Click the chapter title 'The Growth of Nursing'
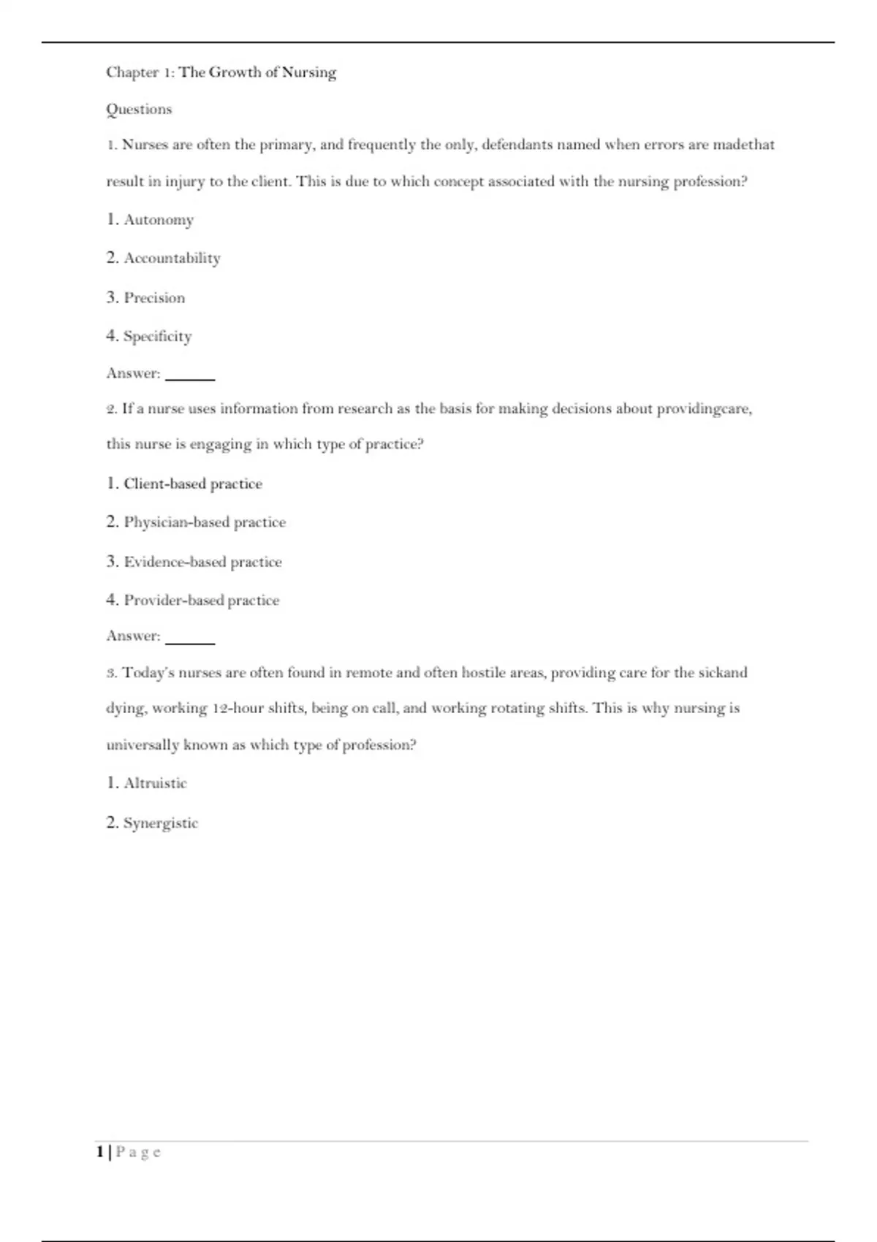pos(257,72)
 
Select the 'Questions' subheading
pos(139,110)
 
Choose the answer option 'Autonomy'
pos(158,220)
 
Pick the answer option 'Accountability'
pos(172,259)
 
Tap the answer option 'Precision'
pos(154,298)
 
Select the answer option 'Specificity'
pos(157,337)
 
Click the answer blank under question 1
pos(190,375)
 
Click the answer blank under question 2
pos(190,638)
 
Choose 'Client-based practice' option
pos(192,484)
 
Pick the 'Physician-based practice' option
pos(205,522)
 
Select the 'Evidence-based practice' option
pos(202,562)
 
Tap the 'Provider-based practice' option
pos(201,601)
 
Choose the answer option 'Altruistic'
pos(155,783)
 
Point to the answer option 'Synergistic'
pos(160,823)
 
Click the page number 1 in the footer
pos(100,1152)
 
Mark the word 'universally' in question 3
pos(143,745)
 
